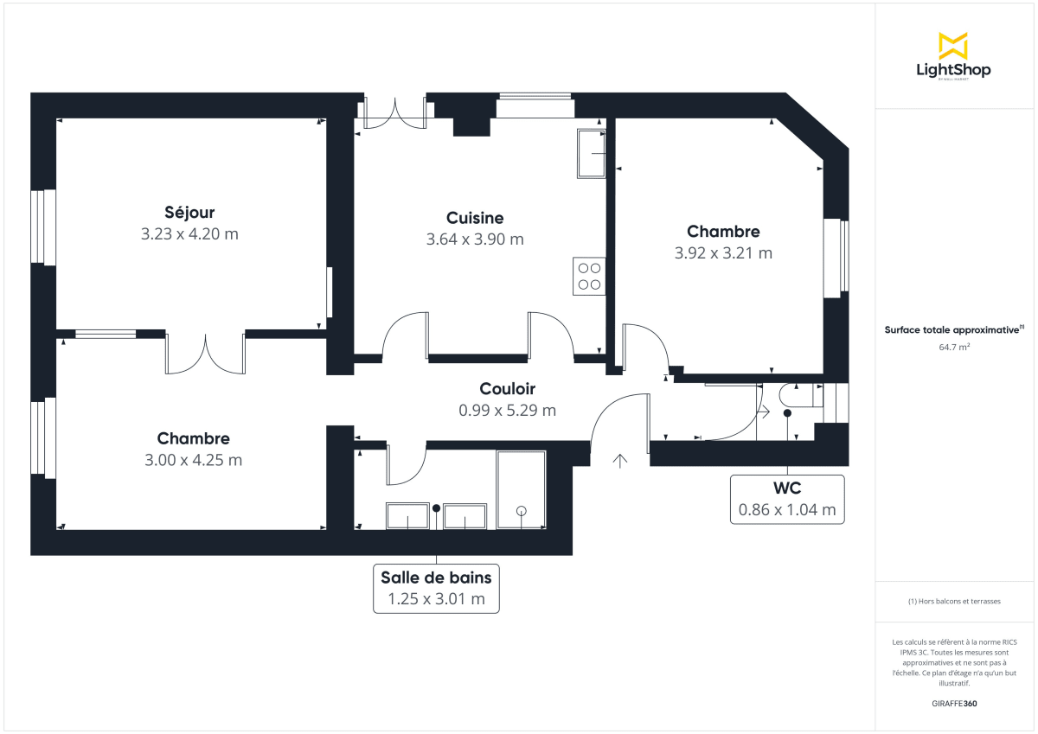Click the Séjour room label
189,212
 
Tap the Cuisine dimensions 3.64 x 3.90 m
475,239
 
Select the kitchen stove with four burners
589,276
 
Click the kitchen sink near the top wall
592,153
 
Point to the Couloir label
508,389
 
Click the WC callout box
786,500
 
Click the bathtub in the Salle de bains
521,489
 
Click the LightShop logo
953,56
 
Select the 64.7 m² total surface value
953,348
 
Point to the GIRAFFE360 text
953,704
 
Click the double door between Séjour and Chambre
205,354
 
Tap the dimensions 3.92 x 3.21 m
723,253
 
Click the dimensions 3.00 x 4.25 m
193,460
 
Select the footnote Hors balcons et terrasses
953,601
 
